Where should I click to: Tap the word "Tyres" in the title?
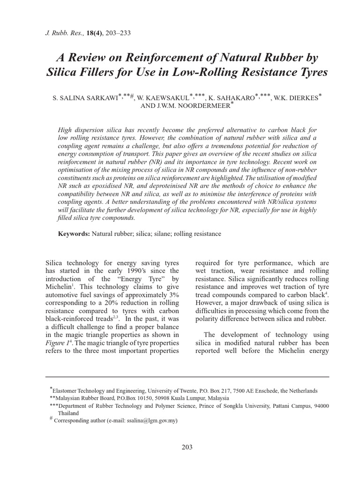tap(310, 73)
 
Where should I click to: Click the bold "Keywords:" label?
tap(74, 233)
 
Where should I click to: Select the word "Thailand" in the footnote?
tap(68, 413)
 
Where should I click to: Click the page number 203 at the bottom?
tap(187, 447)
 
